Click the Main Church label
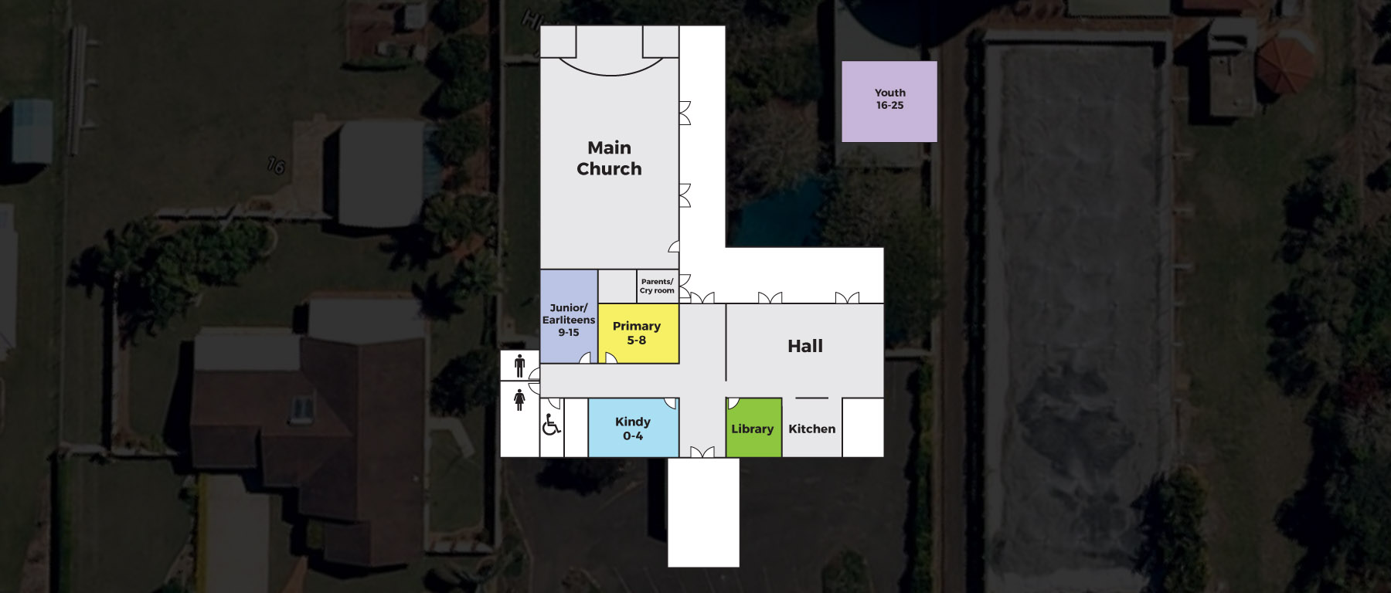pos(609,158)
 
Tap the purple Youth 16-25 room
pos(889,101)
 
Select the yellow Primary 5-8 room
pos(638,333)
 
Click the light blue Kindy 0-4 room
pos(633,428)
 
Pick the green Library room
pos(753,428)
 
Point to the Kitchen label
pos(811,429)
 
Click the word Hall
pos(805,346)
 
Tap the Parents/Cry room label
pos(657,286)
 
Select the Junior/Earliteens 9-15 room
pos(569,316)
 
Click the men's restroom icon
pos(519,365)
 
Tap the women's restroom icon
pos(519,399)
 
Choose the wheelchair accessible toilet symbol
pos(551,424)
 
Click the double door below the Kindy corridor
pos(702,452)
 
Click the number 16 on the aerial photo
pos(276,165)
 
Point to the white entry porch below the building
pos(703,512)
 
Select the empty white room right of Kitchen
pos(862,427)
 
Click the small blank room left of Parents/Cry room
pos(617,286)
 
